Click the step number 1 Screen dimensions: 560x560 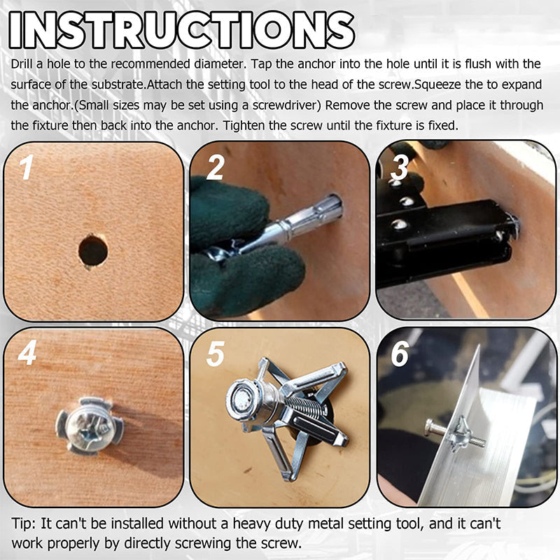(25, 169)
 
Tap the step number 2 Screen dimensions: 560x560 (215, 169)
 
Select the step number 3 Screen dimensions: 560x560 (400, 169)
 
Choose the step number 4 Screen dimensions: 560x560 (27, 354)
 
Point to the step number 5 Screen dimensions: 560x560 (215, 354)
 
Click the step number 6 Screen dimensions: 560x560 (400, 354)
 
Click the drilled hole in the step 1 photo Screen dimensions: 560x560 (93, 250)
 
